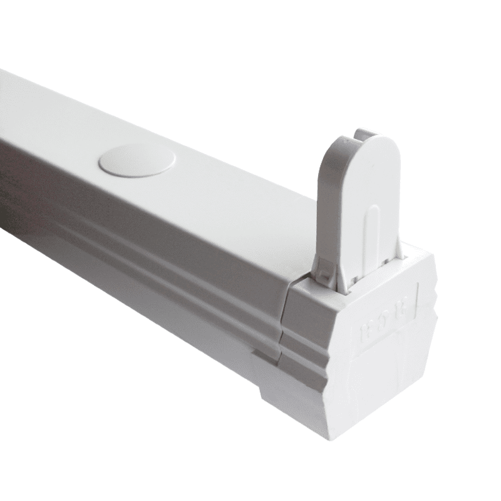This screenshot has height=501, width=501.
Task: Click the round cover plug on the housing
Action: click(137, 160)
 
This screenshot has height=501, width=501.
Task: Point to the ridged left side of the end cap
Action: click(301, 351)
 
